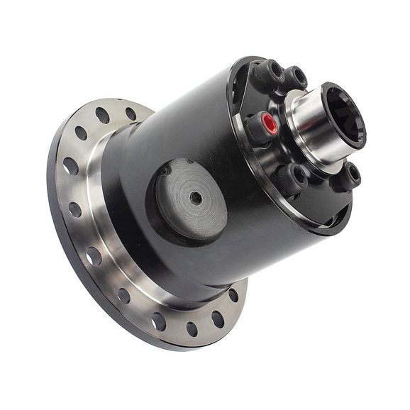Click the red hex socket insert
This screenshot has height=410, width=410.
[270, 125]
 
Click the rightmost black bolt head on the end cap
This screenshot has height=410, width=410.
[349, 175]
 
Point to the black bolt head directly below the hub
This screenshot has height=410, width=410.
[292, 177]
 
